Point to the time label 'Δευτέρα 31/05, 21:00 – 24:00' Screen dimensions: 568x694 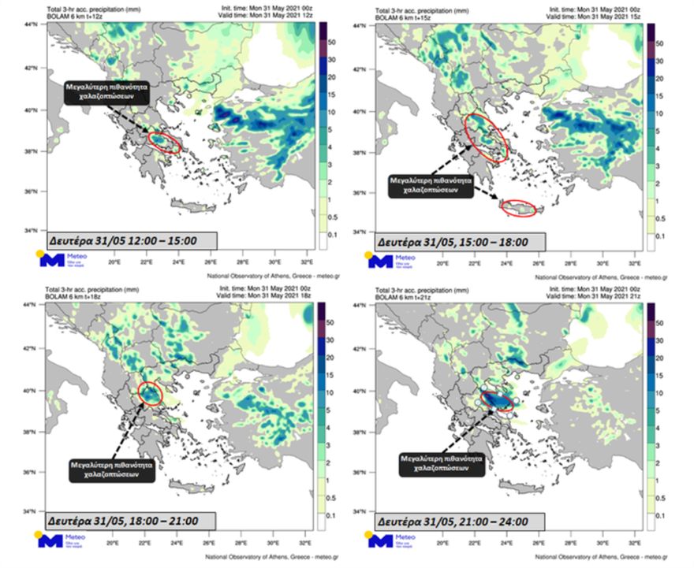[x=461, y=521]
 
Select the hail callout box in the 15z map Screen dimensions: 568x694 [x=431, y=184]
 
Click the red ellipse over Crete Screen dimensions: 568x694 [x=520, y=208]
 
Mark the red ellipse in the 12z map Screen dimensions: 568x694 [x=165, y=142]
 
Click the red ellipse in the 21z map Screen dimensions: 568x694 [x=497, y=401]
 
